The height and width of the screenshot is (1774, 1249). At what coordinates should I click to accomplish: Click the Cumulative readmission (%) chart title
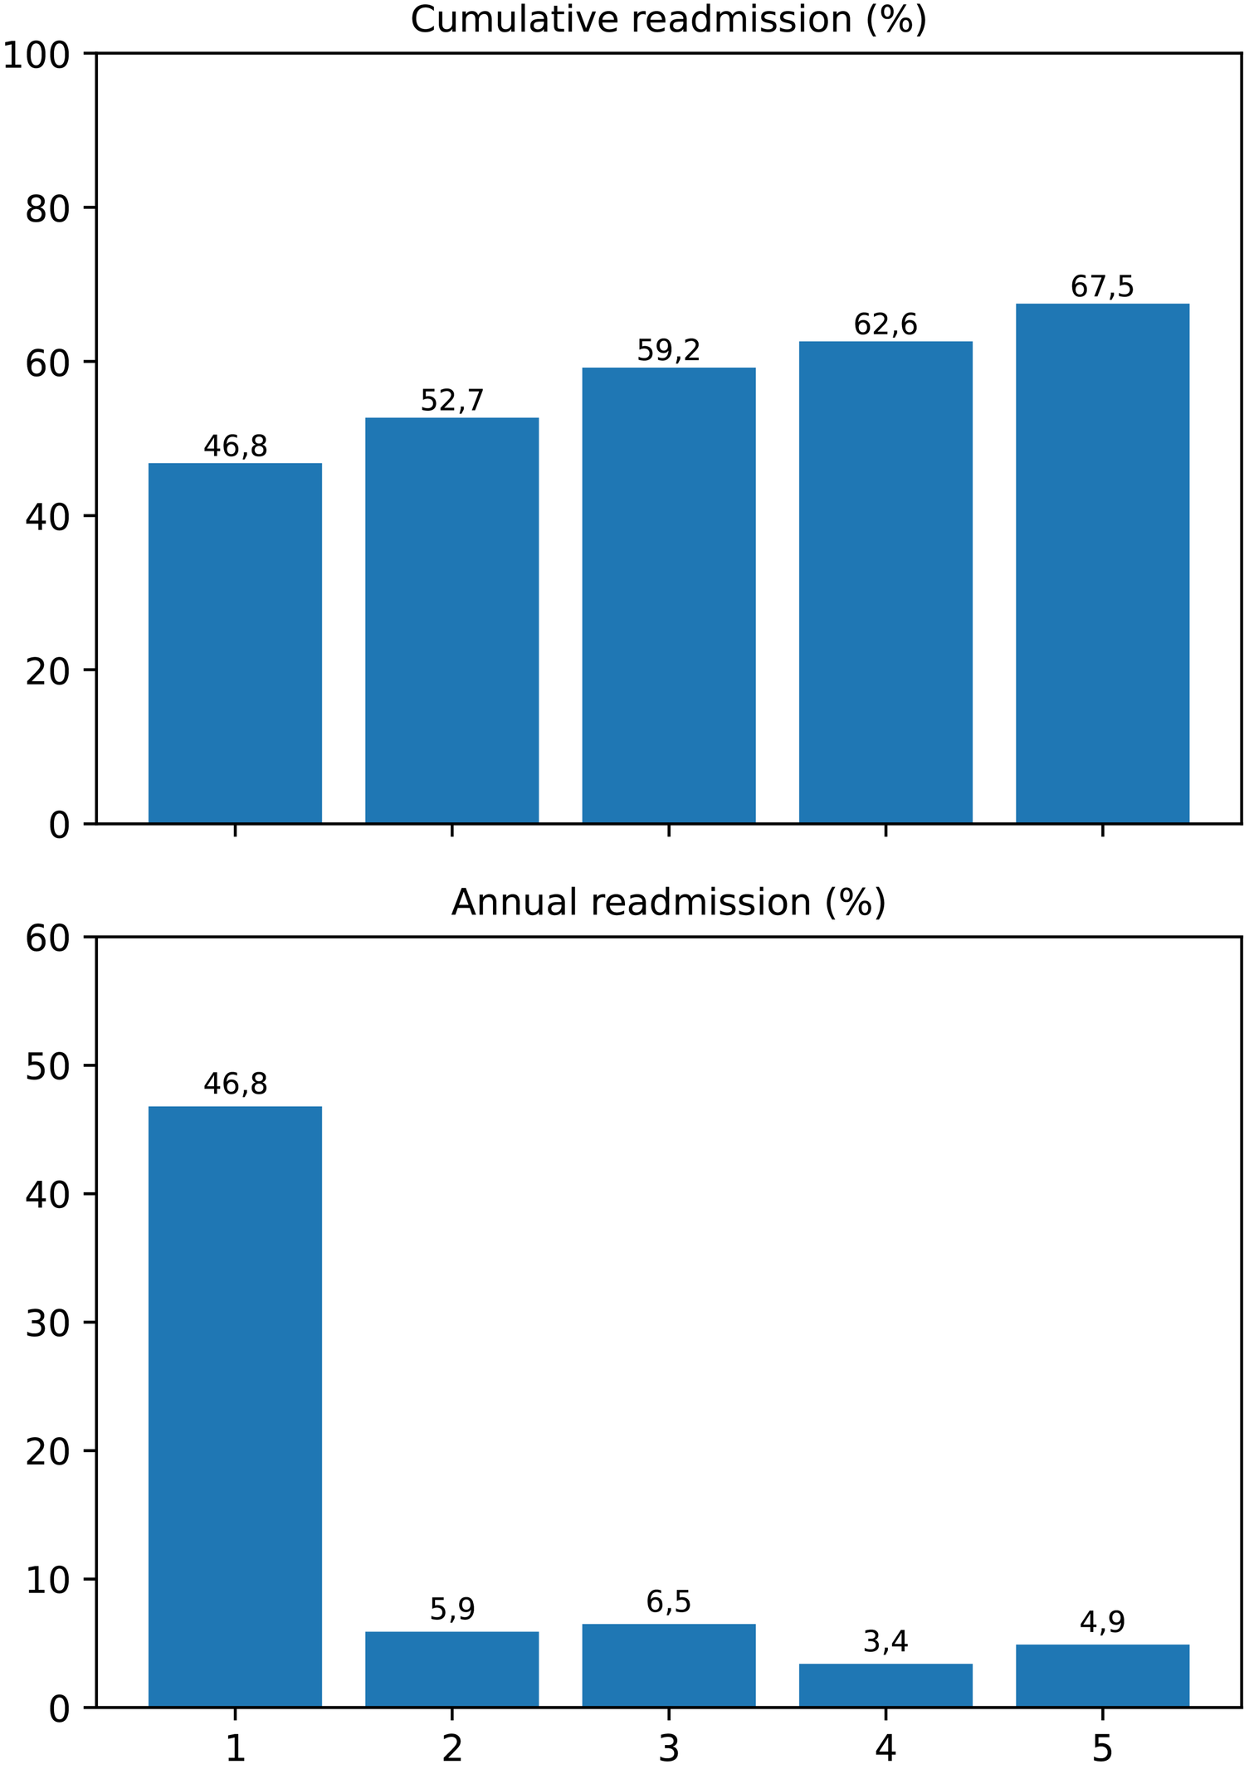(x=668, y=20)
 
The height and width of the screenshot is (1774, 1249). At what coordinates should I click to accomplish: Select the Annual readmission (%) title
(x=668, y=903)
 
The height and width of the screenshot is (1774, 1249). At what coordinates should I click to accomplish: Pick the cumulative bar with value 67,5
(x=1101, y=564)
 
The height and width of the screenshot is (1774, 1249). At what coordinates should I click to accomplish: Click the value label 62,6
(x=885, y=325)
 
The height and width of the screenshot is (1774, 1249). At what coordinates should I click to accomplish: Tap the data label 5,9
(x=451, y=1610)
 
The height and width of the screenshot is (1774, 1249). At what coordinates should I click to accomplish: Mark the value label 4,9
(x=1101, y=1622)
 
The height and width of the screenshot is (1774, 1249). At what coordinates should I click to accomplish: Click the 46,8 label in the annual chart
(x=235, y=1084)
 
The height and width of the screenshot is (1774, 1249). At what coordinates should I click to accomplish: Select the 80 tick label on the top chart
(x=46, y=209)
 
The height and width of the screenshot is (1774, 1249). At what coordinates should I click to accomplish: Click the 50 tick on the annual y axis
(x=46, y=1067)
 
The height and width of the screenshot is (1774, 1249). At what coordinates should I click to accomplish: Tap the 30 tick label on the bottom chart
(x=46, y=1324)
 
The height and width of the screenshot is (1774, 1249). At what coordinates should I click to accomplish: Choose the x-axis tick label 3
(x=668, y=1749)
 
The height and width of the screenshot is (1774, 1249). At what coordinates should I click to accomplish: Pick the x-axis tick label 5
(x=1101, y=1749)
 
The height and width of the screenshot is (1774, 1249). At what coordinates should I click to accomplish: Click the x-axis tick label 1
(x=235, y=1749)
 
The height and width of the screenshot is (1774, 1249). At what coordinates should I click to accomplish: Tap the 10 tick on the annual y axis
(x=46, y=1581)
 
